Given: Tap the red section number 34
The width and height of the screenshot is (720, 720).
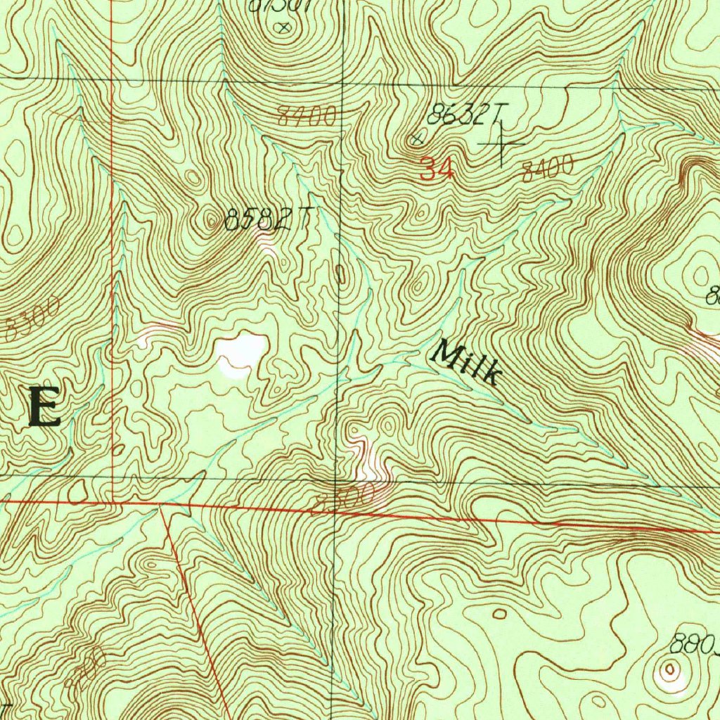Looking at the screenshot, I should (x=437, y=169).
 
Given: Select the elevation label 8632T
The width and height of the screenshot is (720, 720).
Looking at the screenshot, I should (x=467, y=114).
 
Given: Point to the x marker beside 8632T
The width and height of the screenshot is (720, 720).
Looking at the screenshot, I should (x=417, y=139).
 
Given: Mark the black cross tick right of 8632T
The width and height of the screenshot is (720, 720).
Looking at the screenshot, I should (x=501, y=144).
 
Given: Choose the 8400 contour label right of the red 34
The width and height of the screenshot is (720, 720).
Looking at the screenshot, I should (x=548, y=169).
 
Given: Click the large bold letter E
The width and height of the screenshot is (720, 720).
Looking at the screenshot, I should (x=44, y=407).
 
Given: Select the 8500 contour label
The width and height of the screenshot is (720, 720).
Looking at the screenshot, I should (x=344, y=500).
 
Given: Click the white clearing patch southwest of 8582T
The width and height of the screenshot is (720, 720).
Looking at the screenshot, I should (x=240, y=352).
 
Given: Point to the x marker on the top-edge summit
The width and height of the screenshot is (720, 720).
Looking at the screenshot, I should (x=283, y=28).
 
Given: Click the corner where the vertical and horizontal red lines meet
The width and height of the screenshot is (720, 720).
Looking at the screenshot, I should (x=113, y=502).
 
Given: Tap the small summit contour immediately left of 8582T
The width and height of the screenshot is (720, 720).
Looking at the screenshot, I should (x=213, y=222).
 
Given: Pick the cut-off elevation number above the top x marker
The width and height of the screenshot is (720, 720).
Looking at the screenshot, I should (x=274, y=5).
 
